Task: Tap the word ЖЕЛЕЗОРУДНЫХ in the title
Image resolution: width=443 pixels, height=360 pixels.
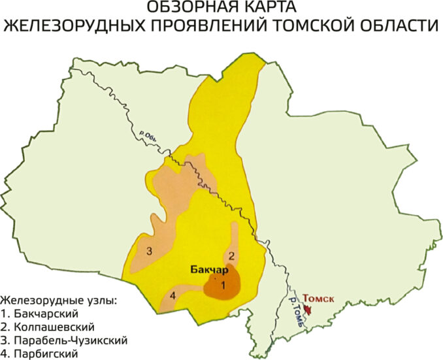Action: click(x=69, y=27)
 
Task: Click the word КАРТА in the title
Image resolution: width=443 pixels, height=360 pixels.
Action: click(x=269, y=8)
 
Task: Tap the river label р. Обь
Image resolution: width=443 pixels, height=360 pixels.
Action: click(x=149, y=131)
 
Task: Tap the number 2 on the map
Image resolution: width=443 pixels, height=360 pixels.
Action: click(x=231, y=255)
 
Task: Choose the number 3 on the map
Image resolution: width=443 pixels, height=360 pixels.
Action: click(x=150, y=251)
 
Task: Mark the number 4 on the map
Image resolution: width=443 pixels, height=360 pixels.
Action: click(x=173, y=297)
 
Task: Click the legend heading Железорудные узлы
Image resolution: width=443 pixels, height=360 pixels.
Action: click(x=59, y=301)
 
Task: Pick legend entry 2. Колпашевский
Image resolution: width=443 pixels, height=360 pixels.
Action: click(x=49, y=327)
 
